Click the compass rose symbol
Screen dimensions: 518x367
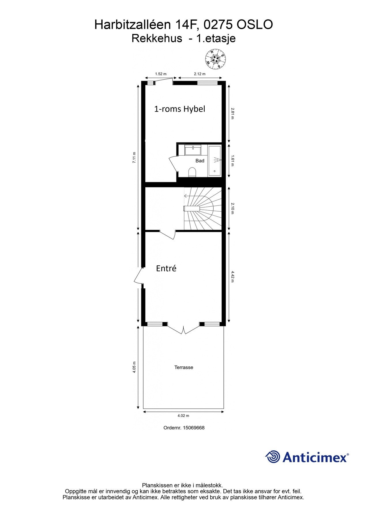[x=215, y=59]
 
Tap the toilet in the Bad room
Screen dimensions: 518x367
[x=192, y=172]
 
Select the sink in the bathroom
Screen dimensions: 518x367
[x=193, y=151]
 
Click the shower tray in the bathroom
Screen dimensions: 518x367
[x=214, y=161]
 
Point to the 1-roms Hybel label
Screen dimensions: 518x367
[x=180, y=109]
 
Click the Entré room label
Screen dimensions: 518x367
[x=166, y=268]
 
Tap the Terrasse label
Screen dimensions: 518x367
[x=184, y=367]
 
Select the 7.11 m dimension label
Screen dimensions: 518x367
[x=134, y=157]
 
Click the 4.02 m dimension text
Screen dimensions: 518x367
[x=183, y=416]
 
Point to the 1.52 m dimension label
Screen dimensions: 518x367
[x=161, y=74]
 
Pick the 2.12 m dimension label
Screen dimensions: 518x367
[x=200, y=74]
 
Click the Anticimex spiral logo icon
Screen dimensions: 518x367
[x=272, y=457]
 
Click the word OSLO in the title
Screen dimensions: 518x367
[x=255, y=25]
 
